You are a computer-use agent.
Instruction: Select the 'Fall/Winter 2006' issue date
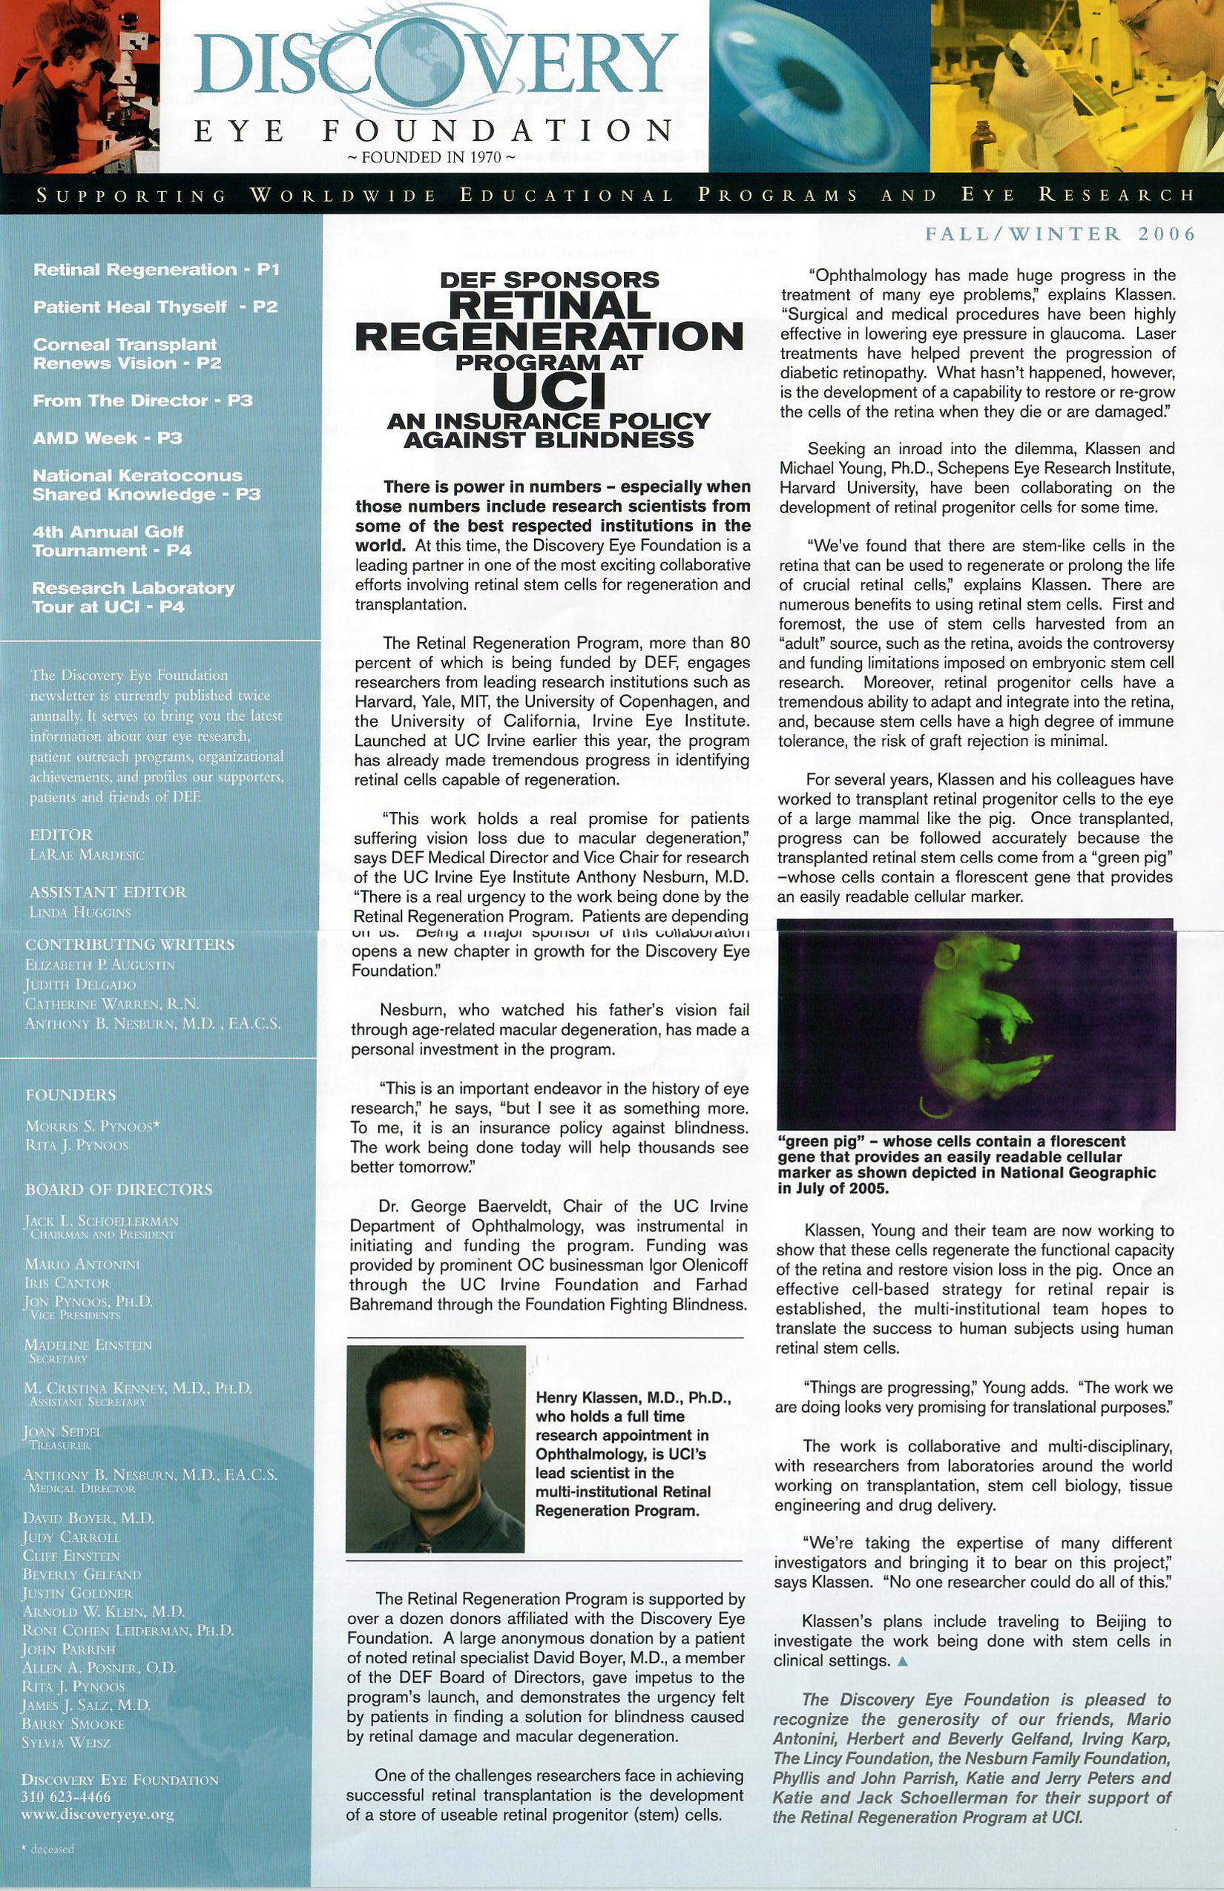[1059, 234]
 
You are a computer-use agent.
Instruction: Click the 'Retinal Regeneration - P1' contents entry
[156, 270]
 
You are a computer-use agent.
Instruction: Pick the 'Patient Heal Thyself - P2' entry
[155, 308]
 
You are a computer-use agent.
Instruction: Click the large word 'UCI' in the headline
[548, 390]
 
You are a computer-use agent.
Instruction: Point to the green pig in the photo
[973, 1025]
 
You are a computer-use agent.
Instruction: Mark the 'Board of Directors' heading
[119, 1189]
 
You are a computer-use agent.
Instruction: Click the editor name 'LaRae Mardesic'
[87, 856]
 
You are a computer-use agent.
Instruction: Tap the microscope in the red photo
[119, 71]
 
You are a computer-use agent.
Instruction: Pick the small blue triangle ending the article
[901, 1661]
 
